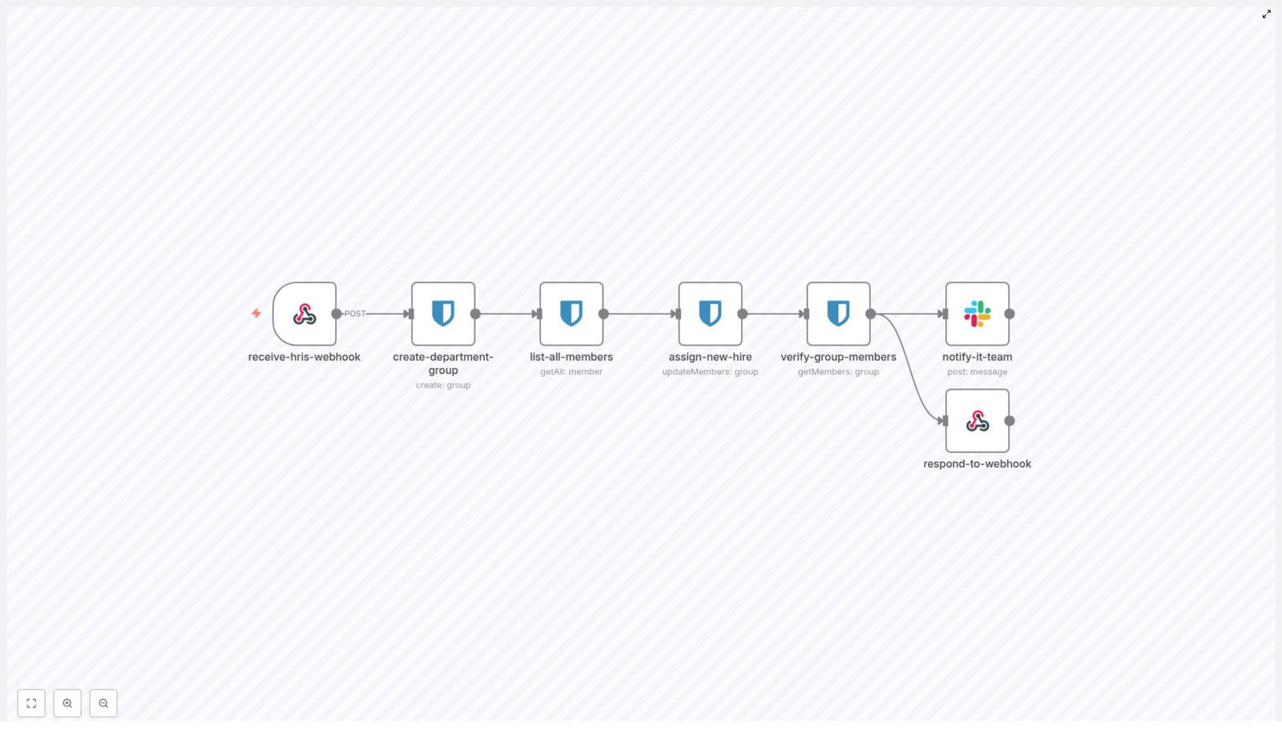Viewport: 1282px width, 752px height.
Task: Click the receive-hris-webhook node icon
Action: point(304,313)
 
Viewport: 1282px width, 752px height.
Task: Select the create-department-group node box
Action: point(443,313)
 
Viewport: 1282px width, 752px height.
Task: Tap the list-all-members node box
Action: point(571,313)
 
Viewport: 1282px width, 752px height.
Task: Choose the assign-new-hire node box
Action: point(710,313)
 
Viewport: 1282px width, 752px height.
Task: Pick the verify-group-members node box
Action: point(838,313)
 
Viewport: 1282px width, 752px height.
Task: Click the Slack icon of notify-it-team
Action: point(977,313)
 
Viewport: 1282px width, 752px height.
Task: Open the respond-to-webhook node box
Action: point(977,421)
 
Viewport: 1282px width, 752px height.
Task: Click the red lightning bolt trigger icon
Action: point(256,313)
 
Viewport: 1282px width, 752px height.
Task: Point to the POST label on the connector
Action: point(355,313)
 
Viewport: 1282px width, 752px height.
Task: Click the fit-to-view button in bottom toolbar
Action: point(31,703)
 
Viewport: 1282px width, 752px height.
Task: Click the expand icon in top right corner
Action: point(1267,14)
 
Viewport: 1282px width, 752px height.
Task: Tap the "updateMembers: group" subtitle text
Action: point(710,372)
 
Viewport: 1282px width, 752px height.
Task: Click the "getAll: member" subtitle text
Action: point(571,372)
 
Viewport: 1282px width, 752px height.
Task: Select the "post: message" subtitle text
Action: point(977,372)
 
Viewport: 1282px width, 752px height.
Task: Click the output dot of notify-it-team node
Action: point(1010,314)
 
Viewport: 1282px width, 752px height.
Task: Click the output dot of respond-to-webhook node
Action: point(1010,421)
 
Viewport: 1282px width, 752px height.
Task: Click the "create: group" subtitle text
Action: point(443,386)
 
